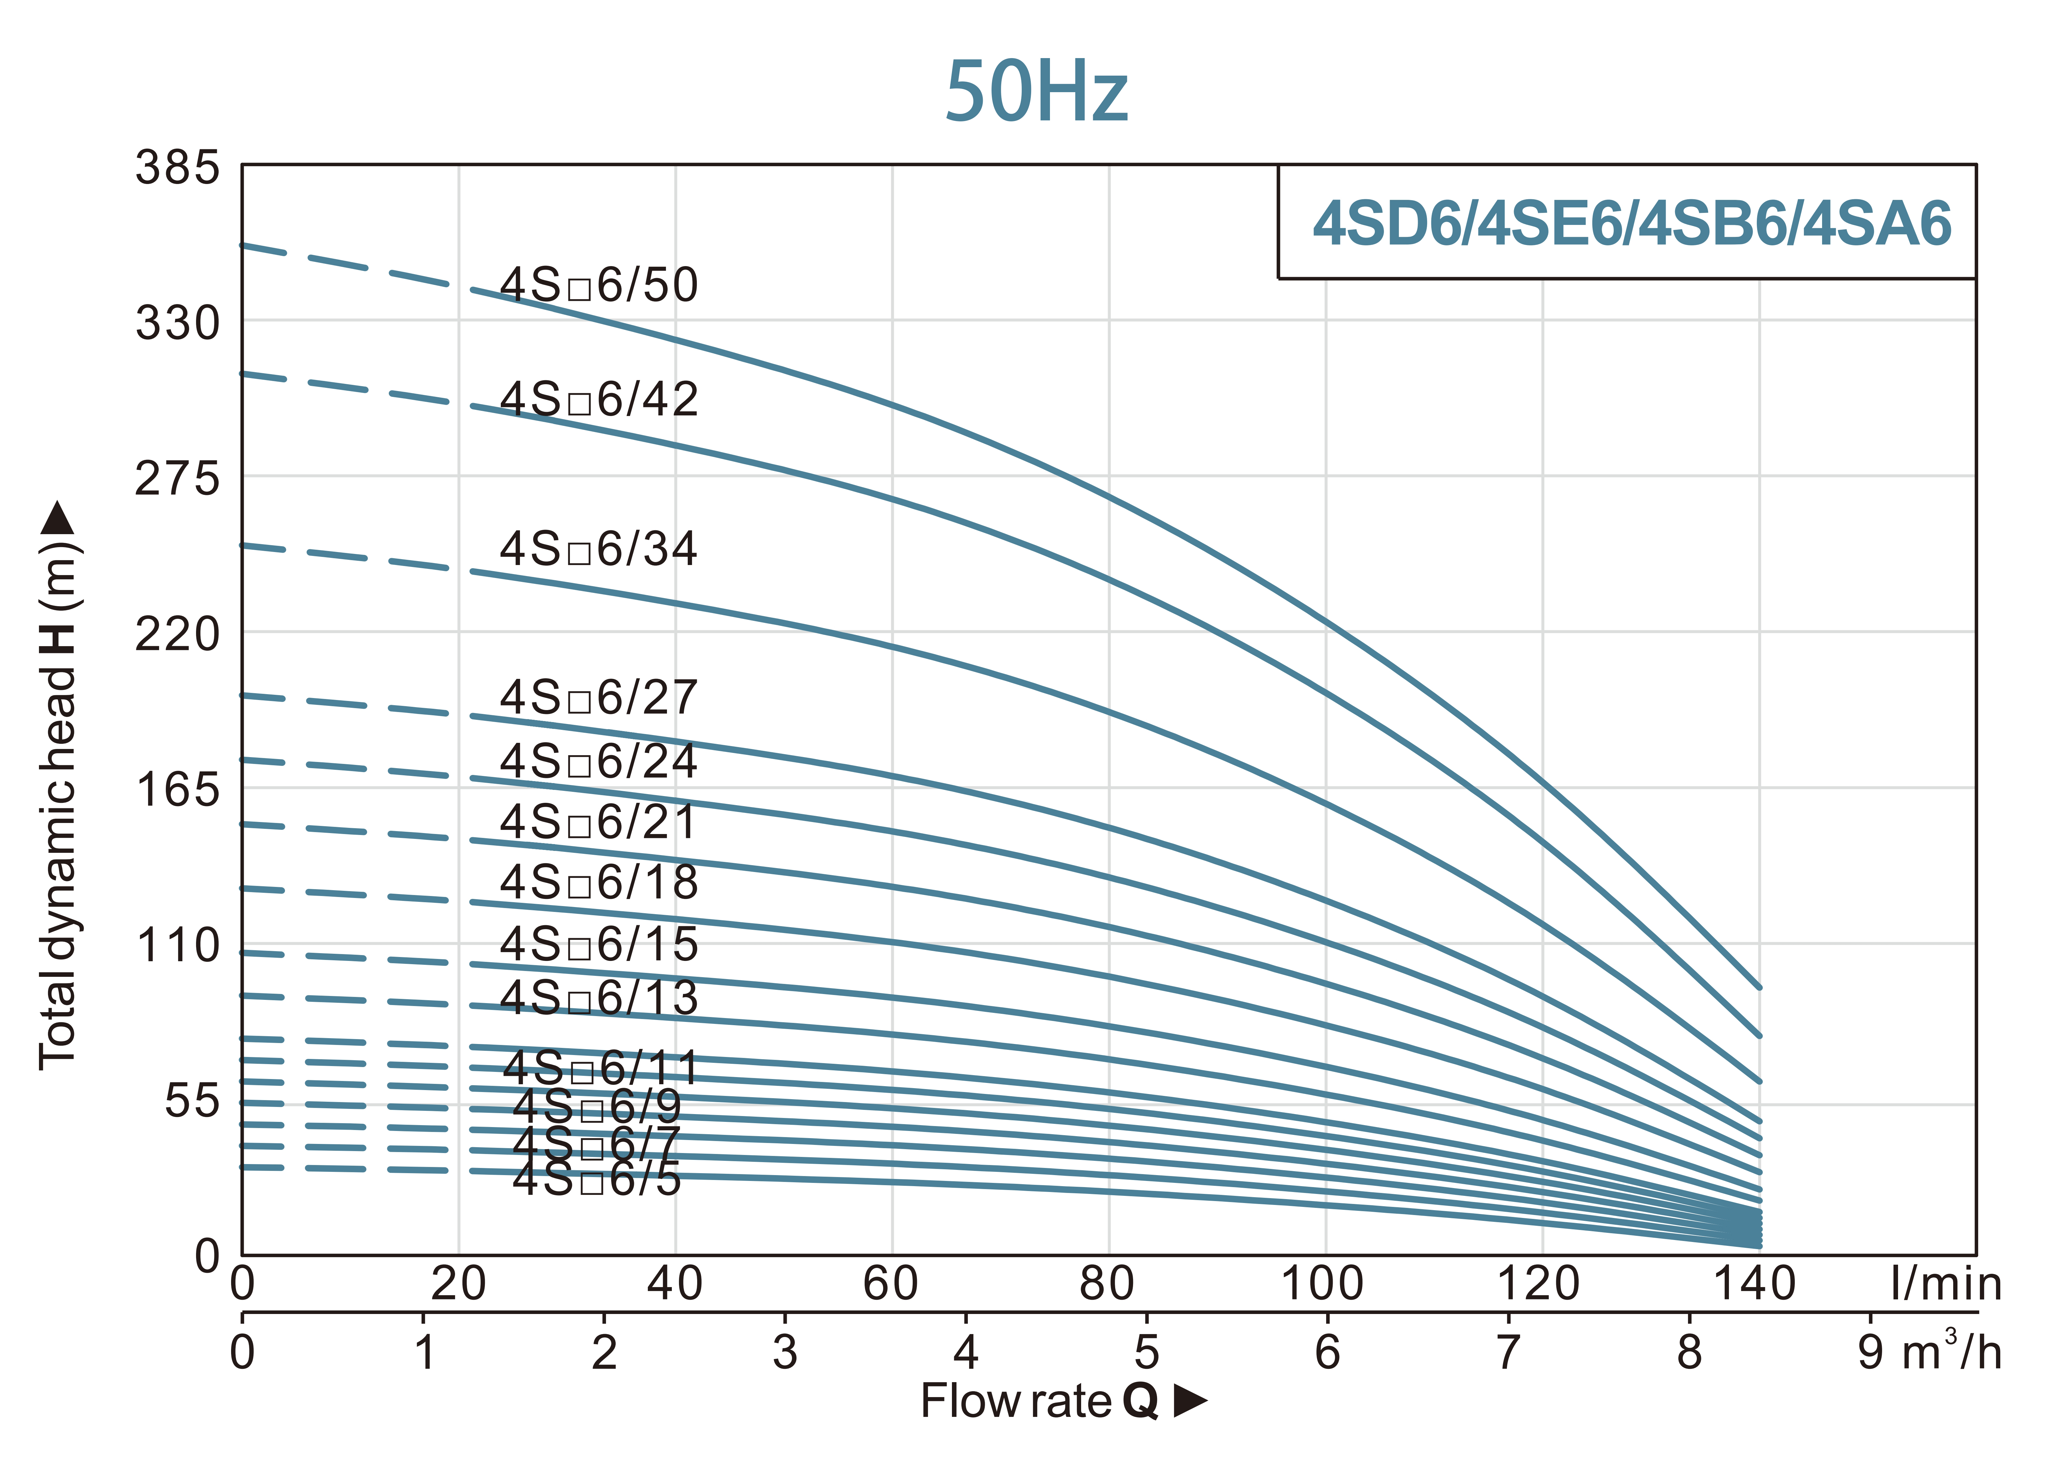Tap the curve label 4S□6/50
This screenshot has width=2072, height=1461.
click(x=599, y=285)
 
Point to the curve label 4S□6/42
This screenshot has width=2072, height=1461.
click(x=599, y=399)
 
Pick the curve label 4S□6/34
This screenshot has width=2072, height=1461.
click(x=599, y=549)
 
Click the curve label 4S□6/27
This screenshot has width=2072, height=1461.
click(x=599, y=698)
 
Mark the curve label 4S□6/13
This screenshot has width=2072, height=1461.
click(x=599, y=998)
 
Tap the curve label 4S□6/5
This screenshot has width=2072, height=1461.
click(x=597, y=1179)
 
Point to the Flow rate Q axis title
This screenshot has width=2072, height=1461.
click(x=1062, y=1401)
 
